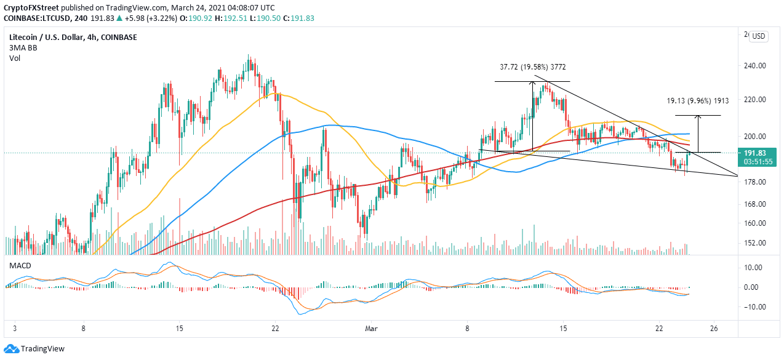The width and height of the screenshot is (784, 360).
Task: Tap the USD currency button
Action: [x=758, y=36]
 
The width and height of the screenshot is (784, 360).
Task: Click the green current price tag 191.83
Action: [x=758, y=153]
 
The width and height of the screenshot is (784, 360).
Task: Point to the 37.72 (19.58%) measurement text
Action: [x=524, y=66]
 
